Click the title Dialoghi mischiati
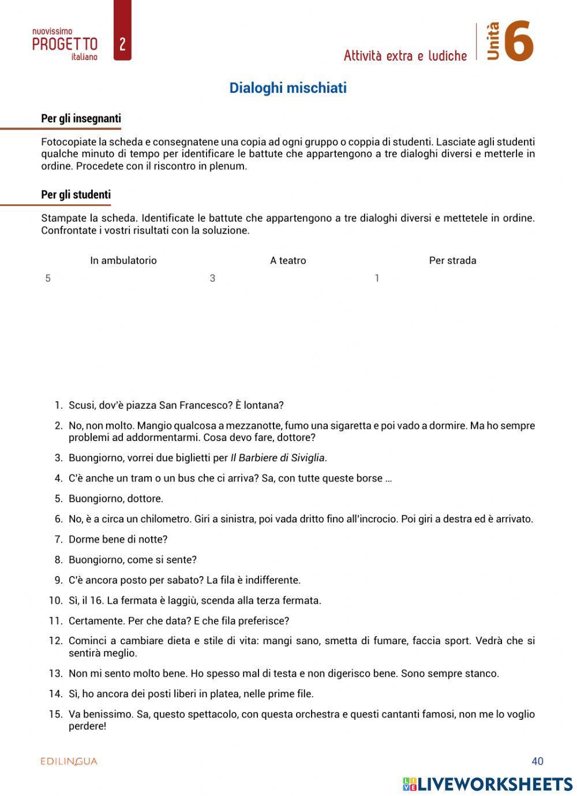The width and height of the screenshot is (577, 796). coord(288,88)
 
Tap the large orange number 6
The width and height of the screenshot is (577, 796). coord(518,42)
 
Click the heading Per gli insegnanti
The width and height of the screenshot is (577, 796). coord(81,118)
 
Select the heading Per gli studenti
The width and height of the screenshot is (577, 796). coord(76,195)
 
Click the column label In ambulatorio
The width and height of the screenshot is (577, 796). coord(123,260)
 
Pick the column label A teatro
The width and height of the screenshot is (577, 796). coord(288,260)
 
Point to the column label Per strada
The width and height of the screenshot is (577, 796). coord(452,260)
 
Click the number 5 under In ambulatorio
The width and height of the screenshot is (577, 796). coord(48,278)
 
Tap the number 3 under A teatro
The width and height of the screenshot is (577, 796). coord(212,278)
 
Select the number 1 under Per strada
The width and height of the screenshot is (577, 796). coord(377,278)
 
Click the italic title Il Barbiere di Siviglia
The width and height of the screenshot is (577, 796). coord(278,458)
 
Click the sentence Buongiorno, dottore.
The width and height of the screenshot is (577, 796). coord(115,498)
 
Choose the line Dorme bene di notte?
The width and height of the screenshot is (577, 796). coord(118,539)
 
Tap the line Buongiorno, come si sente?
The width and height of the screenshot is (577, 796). coord(132,559)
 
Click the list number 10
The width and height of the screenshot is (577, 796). coord(55,600)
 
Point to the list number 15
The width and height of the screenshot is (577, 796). coord(55,714)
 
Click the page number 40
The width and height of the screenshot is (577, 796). coord(537,761)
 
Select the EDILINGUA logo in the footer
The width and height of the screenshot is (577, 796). coord(69,761)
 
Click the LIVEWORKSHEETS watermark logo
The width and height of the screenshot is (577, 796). coord(488,783)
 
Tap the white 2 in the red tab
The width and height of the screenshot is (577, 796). coord(122,44)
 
